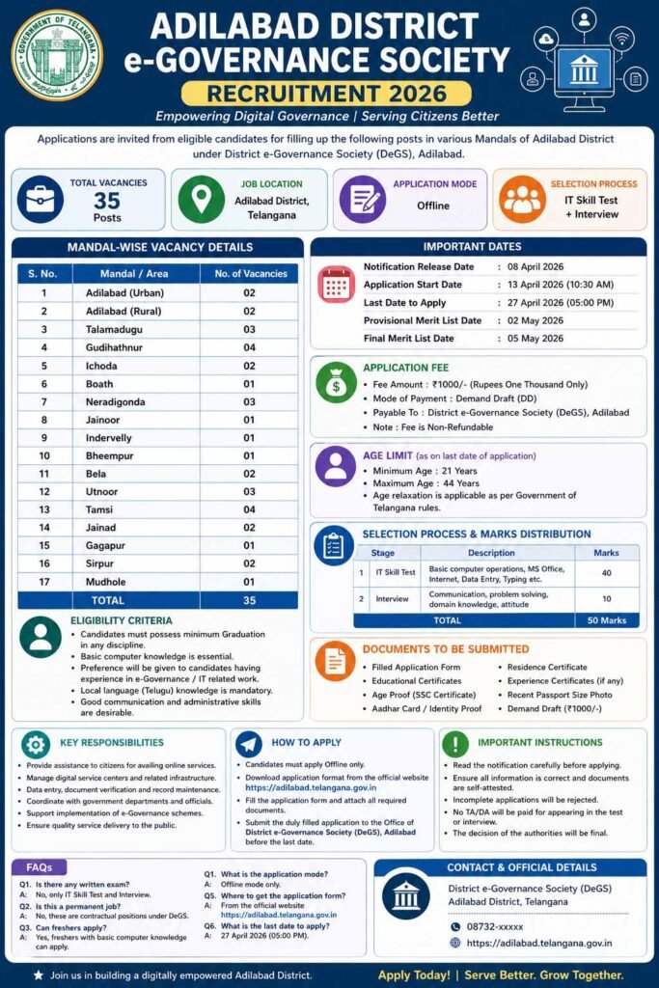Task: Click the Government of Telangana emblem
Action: pyautogui.click(x=56, y=55)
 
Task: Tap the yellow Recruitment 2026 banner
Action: pyautogui.click(x=326, y=94)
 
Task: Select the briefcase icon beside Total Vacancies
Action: pyautogui.click(x=40, y=200)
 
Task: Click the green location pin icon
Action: pyautogui.click(x=201, y=200)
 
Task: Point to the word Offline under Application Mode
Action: pyautogui.click(x=433, y=206)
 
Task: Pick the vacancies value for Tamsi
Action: pyautogui.click(x=248, y=509)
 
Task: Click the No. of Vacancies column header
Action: pyautogui.click(x=248, y=273)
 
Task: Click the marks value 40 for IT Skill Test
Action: pyautogui.click(x=606, y=572)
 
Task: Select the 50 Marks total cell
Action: pyautogui.click(x=606, y=620)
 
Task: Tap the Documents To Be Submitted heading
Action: pyautogui.click(x=446, y=649)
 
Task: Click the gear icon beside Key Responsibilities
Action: pyautogui.click(x=36, y=744)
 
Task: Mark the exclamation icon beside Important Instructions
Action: pyautogui.click(x=454, y=744)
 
